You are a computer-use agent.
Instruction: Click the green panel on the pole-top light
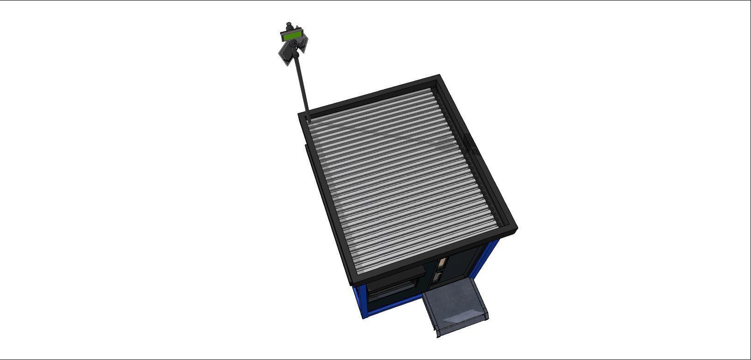click(291, 36)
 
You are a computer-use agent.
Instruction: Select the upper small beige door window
click(441, 263)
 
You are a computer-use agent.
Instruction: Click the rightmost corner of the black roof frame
click(515, 229)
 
